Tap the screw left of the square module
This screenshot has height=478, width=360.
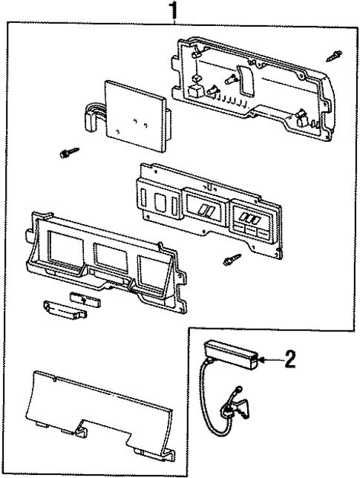coord(67,152)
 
